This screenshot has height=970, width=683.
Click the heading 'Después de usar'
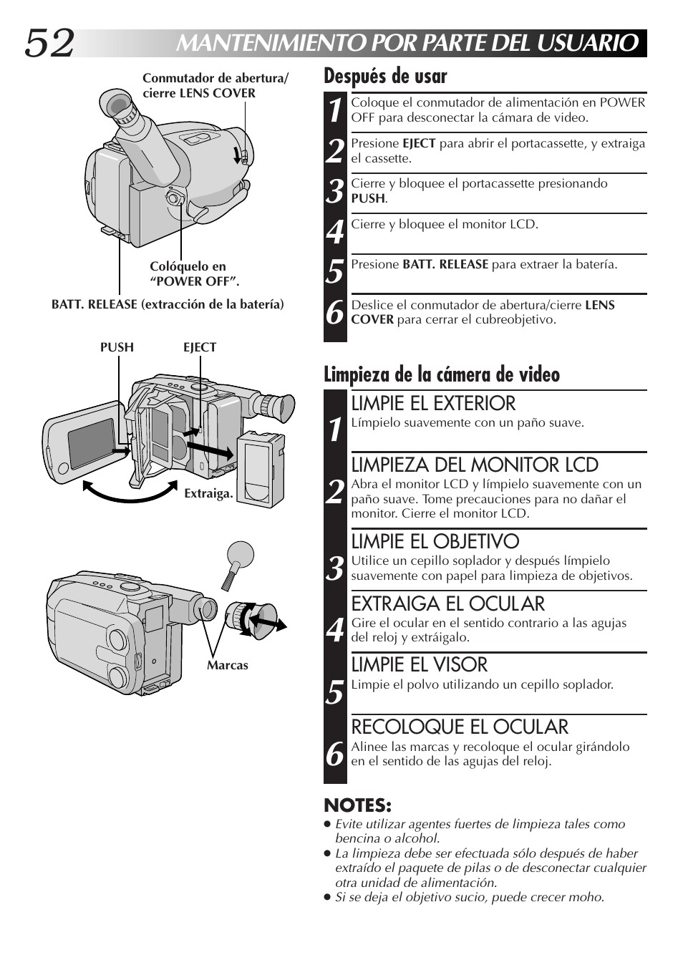click(x=385, y=76)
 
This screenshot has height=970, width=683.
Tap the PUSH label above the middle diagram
click(x=117, y=347)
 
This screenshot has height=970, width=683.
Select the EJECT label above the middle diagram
click(x=200, y=347)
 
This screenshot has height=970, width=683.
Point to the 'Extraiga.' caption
click(x=208, y=494)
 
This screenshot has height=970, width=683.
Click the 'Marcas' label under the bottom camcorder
click(x=228, y=665)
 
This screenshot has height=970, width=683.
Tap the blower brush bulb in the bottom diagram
click(x=240, y=555)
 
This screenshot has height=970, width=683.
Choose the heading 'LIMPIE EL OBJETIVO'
click(x=435, y=541)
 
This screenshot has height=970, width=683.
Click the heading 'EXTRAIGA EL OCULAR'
click(x=447, y=603)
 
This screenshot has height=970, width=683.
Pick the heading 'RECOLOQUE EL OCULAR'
click(x=459, y=727)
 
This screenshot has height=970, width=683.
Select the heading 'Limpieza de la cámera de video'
click(x=441, y=374)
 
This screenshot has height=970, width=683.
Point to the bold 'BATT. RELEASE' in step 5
click(x=445, y=264)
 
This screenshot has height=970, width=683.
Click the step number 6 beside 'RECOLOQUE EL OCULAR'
click(x=334, y=755)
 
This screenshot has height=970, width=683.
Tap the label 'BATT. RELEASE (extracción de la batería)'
click(x=168, y=304)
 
